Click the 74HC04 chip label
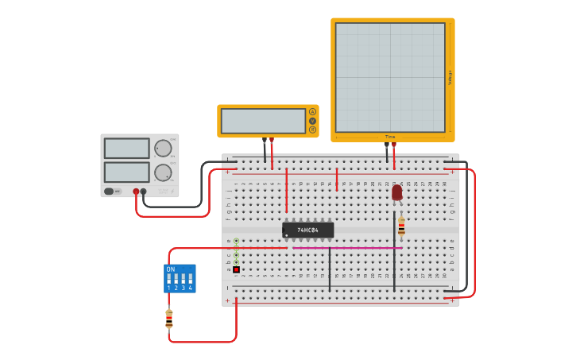tap(307, 230)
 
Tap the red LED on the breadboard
tap(396, 192)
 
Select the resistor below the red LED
tap(401, 226)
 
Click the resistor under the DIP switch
tap(168, 318)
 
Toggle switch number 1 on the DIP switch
tap(169, 279)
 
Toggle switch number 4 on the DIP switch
tap(190, 279)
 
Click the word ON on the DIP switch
tap(170, 269)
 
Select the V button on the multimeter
tap(312, 121)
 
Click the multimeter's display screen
tap(263, 121)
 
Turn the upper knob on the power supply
tap(163, 149)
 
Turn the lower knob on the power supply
tap(163, 172)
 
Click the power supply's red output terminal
tap(136, 192)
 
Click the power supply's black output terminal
tap(143, 192)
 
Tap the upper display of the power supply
tap(126, 149)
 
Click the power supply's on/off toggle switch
tap(109, 192)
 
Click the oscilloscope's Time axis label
tap(390, 137)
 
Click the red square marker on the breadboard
tap(236, 269)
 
